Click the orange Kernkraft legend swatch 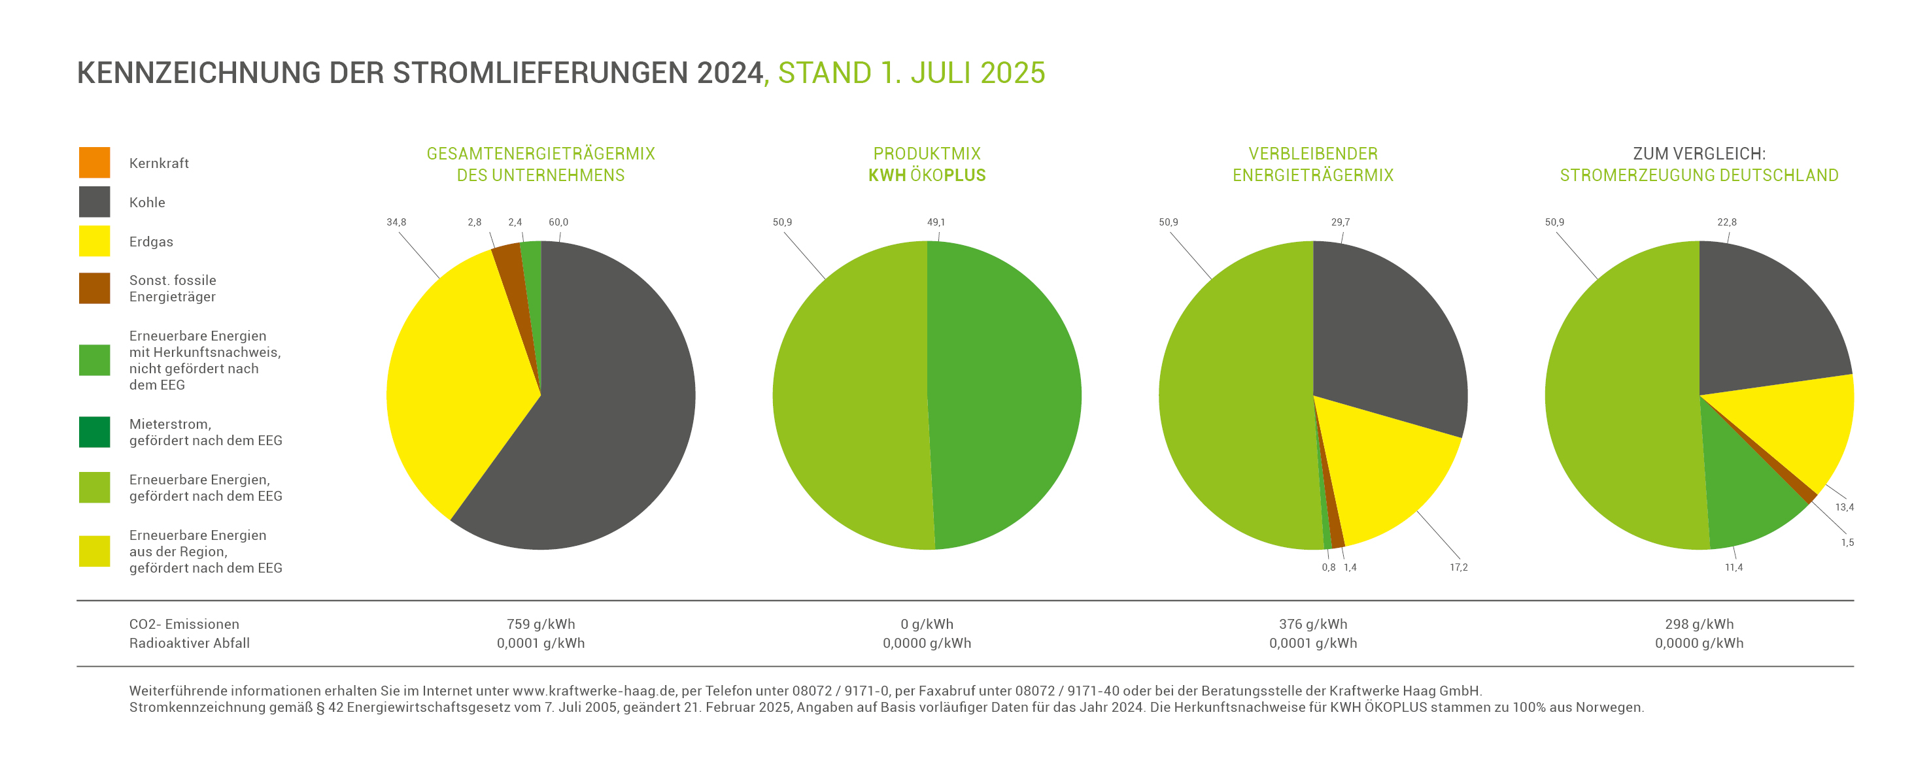(94, 163)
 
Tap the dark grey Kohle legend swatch (94, 201)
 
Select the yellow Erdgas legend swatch (94, 241)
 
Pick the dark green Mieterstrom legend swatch (94, 431)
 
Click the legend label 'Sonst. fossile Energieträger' (173, 288)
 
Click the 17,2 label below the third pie (1458, 567)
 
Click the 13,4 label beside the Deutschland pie (1844, 507)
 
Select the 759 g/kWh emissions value (541, 624)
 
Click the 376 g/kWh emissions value (1312, 624)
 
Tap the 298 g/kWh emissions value (1699, 624)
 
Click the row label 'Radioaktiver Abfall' (189, 643)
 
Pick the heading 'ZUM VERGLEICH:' (1699, 154)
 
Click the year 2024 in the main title (728, 73)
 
